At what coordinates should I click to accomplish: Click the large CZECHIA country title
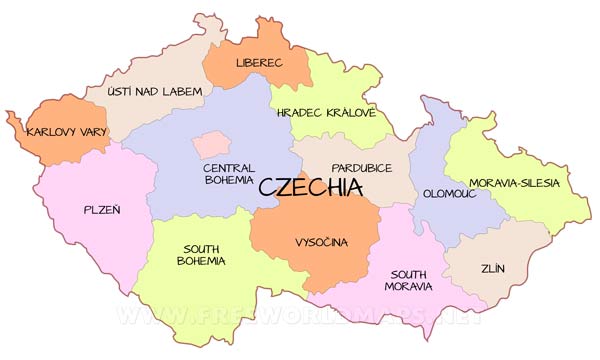point(310,187)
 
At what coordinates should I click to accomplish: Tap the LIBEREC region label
point(259,63)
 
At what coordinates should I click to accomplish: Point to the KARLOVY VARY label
point(66,132)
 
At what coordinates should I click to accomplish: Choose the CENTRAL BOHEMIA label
point(228,174)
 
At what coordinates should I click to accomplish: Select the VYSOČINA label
point(322,242)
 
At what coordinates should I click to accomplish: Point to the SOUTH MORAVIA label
point(411,279)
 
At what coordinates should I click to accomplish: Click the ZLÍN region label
point(492,269)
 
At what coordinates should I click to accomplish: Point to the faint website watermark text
point(300,318)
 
